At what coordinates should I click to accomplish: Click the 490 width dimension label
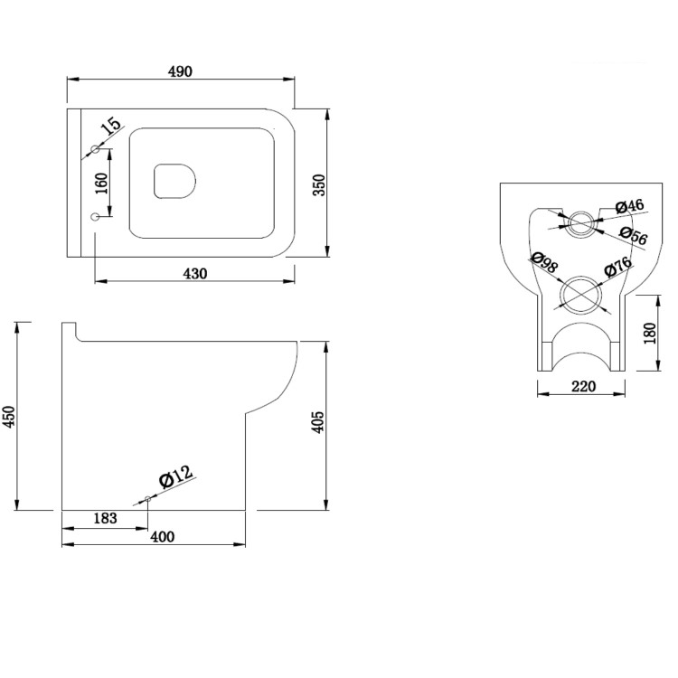point(180,71)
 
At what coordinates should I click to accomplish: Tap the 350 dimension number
point(319,185)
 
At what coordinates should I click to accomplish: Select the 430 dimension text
point(195,274)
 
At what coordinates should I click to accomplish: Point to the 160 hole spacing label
point(101,184)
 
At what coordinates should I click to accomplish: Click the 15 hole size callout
point(111,126)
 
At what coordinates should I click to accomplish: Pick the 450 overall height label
point(9,417)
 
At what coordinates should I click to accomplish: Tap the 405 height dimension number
point(318,421)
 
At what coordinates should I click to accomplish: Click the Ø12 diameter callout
point(175,477)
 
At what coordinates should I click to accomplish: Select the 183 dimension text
point(106,518)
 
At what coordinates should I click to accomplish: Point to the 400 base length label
point(162,537)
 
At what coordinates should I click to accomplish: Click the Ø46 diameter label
point(629,206)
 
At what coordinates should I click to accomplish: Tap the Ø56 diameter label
point(634,236)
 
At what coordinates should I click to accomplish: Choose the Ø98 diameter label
point(544,262)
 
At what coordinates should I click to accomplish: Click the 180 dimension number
point(650,334)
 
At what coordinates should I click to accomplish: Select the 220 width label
point(584,386)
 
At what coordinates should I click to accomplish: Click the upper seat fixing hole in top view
point(95,149)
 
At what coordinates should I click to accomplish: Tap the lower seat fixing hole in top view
point(95,217)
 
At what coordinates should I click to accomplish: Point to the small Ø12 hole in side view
point(148,498)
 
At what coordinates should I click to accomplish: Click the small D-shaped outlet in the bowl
point(174,181)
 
